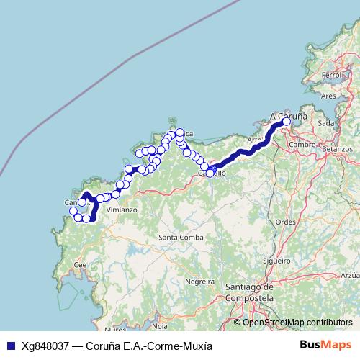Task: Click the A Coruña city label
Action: point(288,114)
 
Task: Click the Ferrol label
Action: point(331,75)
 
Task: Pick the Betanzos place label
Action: point(338,148)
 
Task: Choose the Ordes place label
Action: point(286,222)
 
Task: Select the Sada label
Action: point(326,123)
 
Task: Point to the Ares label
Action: point(328,95)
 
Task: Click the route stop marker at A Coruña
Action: point(286,122)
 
